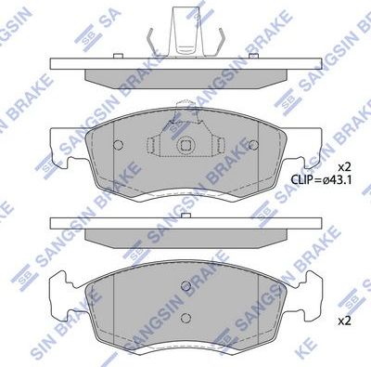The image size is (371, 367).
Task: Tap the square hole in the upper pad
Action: click(185, 145)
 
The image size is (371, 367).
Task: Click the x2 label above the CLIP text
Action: click(343, 168)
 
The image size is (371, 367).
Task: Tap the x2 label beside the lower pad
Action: click(343, 321)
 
